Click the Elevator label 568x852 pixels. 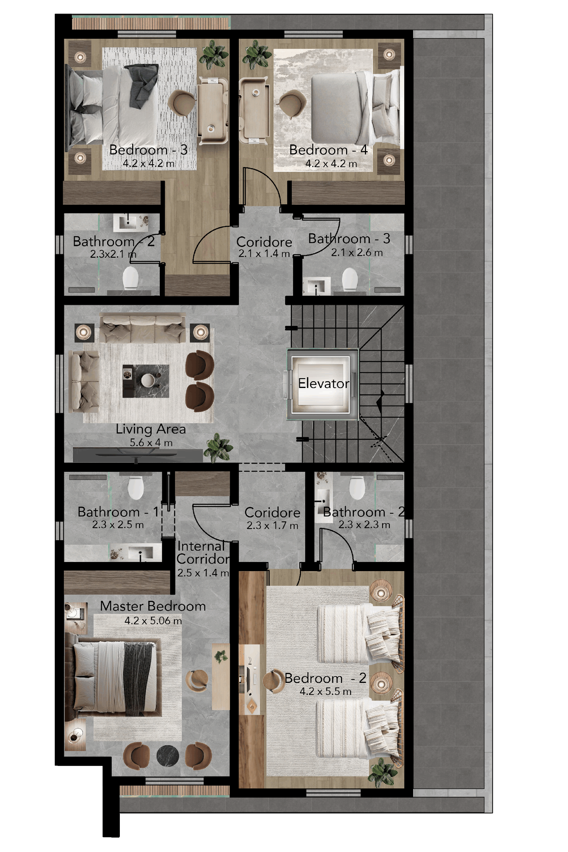pos(323,383)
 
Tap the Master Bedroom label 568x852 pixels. pos(153,606)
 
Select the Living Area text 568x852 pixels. pos(151,429)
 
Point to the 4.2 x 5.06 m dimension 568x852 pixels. pos(153,621)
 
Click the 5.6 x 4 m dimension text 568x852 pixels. pos(151,442)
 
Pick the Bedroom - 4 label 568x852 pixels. pos(328,150)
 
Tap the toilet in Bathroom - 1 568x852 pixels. pos(136,488)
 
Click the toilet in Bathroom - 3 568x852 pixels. pos(350,279)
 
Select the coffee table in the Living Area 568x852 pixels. pos(146,381)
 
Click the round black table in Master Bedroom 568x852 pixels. pos(167,756)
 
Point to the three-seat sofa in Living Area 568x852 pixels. pos(142,328)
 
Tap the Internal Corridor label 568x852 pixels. pos(203,552)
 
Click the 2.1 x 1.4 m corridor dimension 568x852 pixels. pos(264,254)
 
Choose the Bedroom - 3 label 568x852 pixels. pos(149,150)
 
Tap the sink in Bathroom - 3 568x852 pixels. pos(317,286)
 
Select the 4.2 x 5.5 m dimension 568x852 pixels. pos(325,691)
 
